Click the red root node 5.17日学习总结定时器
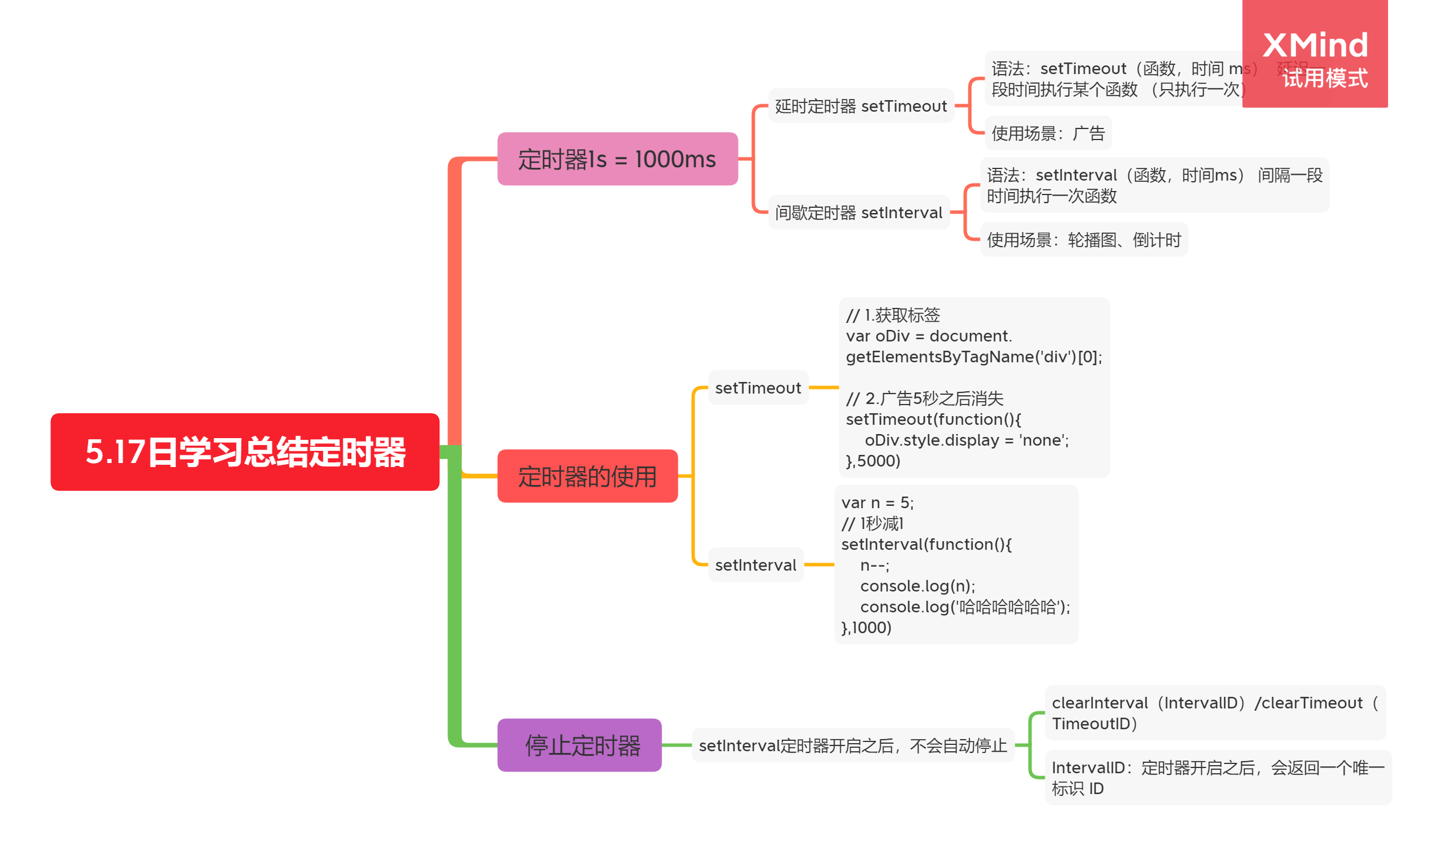245,451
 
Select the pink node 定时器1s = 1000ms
617,159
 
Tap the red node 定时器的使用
587,476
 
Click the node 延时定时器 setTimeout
860,106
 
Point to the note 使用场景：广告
1048,133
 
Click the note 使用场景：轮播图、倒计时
1084,239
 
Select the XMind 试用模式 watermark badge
1314,55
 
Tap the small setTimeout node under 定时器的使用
758,387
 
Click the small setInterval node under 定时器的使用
755,564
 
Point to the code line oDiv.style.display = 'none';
966,440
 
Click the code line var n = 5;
877,502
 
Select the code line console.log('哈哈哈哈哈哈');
964,607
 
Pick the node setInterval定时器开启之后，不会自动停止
853,745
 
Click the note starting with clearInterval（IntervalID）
1214,712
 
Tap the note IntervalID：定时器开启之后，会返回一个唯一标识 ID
1217,777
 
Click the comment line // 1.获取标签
893,315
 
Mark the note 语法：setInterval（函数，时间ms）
1154,185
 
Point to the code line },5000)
873,461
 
